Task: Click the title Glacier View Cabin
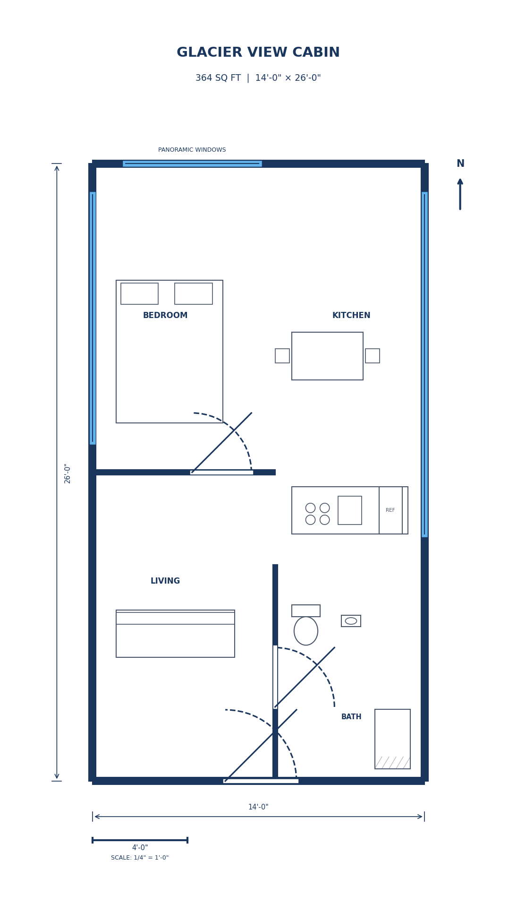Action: [258, 52]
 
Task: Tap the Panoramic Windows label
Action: [192, 150]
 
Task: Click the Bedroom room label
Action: [165, 315]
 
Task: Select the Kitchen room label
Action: [351, 315]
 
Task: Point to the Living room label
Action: [165, 581]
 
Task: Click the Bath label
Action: [351, 717]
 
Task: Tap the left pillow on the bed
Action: [139, 293]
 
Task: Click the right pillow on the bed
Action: [193, 293]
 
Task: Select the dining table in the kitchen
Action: [327, 356]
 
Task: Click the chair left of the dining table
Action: [282, 356]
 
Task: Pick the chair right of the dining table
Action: [372, 356]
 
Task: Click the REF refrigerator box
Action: [390, 510]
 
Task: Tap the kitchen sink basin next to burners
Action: [349, 510]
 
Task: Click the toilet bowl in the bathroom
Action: [306, 631]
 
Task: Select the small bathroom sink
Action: [351, 621]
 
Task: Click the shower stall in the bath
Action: [392, 739]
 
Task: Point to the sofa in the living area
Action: [175, 634]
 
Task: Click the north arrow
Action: [460, 194]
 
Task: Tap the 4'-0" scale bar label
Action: [140, 848]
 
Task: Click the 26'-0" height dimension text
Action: [68, 473]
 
